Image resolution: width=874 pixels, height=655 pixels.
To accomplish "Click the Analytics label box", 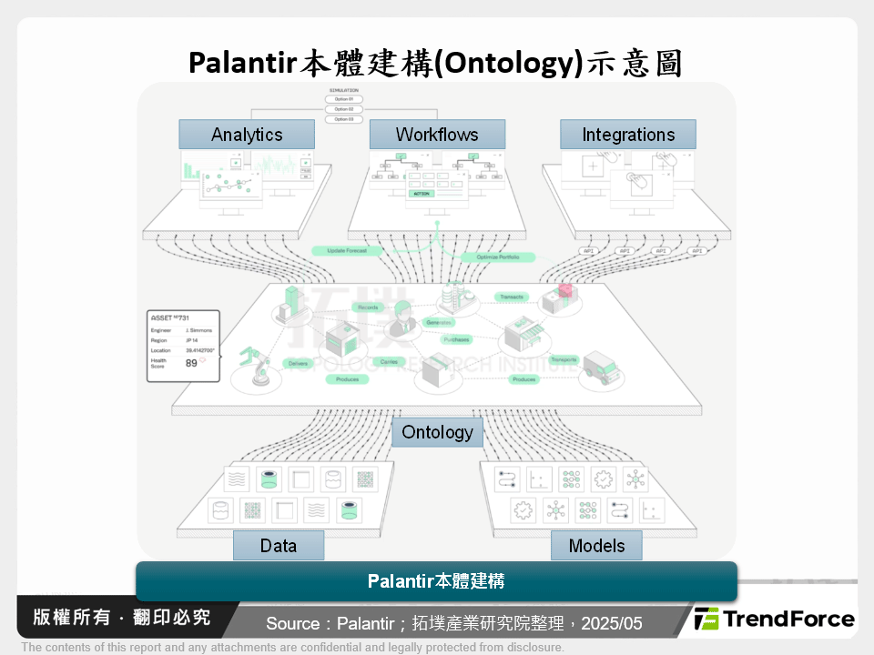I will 247,135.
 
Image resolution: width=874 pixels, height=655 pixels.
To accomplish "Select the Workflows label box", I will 437,135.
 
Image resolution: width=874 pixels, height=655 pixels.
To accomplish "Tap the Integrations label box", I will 628,135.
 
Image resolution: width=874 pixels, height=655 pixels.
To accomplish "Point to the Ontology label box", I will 437,432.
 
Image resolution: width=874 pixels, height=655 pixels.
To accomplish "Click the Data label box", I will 279,546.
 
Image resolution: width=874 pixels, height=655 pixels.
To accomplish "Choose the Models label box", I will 596,546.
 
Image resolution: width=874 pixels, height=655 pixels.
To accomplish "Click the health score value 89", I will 191,362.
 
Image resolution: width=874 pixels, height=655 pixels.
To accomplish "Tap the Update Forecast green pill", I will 346,250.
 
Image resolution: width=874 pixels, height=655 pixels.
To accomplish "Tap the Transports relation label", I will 564,359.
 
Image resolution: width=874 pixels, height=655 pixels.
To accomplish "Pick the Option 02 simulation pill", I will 343,109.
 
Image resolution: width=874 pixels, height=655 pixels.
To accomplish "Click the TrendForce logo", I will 774,620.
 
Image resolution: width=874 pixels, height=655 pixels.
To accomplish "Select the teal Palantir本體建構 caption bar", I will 436,580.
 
